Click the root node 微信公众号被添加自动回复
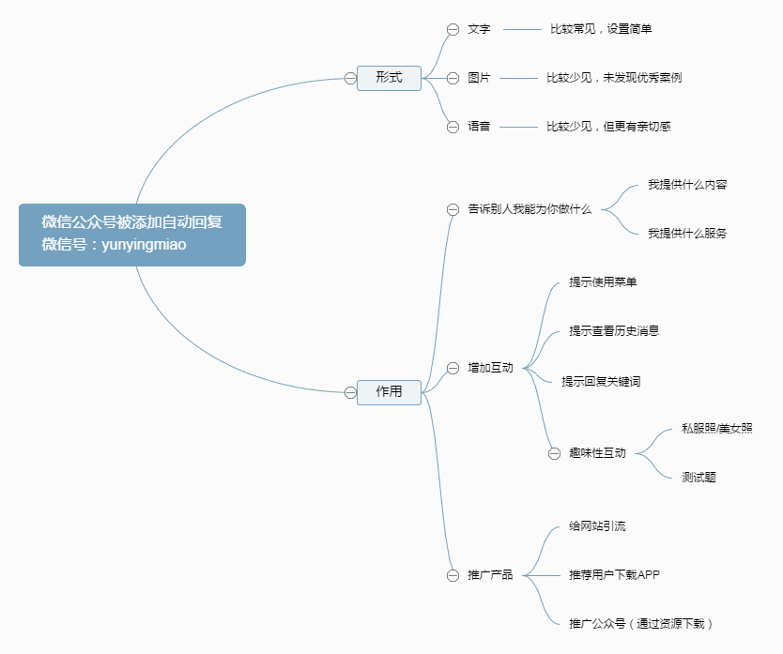point(131,235)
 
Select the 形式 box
point(389,78)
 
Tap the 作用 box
point(389,392)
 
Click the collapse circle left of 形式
point(350,78)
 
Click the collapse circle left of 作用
point(350,392)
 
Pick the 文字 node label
point(479,29)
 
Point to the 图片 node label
point(479,78)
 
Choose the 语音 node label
point(479,127)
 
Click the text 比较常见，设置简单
point(601,29)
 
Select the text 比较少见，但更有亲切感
point(608,127)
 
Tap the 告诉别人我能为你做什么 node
point(530,209)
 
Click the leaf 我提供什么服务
point(687,234)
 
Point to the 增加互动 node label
point(490,369)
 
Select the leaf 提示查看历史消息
point(614,331)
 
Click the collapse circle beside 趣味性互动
point(554,453)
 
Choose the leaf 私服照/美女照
point(717,429)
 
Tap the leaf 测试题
point(699,478)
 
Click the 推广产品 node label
point(490,575)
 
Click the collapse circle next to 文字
point(453,29)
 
